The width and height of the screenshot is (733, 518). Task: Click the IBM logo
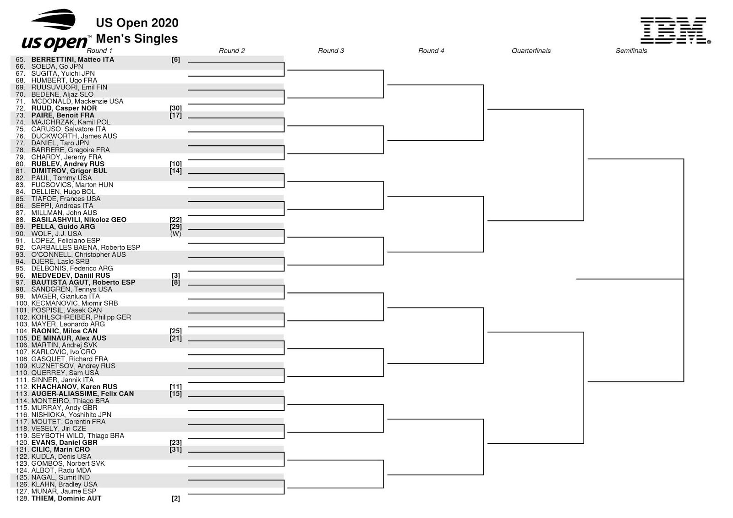pos(675,31)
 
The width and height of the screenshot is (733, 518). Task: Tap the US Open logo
pos(55,31)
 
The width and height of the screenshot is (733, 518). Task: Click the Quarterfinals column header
pos(531,51)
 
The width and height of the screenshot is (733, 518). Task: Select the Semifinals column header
pos(631,51)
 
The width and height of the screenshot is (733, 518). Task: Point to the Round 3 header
pos(331,51)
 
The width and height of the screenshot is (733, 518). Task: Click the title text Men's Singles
pos(137,39)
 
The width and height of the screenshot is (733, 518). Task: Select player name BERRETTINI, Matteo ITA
pos(72,60)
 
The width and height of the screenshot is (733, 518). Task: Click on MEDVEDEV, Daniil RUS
pos(71,276)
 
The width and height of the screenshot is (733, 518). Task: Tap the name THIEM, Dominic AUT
pos(66,498)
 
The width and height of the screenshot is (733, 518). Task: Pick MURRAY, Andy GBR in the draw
pos(64,408)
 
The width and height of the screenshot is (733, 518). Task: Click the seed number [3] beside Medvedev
pos(175,276)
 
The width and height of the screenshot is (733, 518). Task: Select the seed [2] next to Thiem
pos(175,498)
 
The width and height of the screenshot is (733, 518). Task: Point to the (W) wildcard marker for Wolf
pos(175,234)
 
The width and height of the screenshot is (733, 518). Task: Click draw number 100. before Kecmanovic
pos(22,303)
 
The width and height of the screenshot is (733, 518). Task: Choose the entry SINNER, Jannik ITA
pos(62,380)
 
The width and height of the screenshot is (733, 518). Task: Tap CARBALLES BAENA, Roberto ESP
pos(86,248)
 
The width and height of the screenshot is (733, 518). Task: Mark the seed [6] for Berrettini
pos(175,60)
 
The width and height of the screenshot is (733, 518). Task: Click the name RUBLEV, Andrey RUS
pos(68,164)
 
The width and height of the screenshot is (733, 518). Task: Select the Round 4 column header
pos(431,51)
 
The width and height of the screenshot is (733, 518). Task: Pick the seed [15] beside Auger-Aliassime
pos(175,394)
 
